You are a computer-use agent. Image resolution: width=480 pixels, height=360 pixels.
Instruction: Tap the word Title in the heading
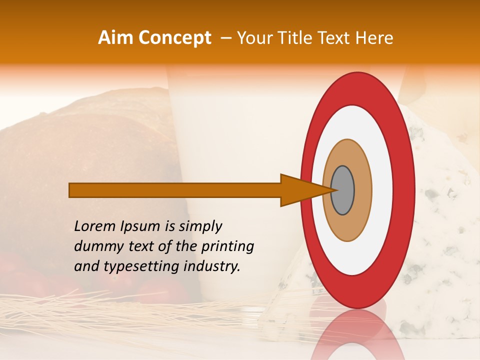click(296, 38)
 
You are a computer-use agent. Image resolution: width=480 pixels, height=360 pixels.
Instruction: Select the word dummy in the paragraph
click(95, 246)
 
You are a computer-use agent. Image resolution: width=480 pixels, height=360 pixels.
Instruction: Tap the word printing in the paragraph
click(227, 246)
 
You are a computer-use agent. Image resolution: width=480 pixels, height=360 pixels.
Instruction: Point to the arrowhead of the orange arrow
click(300, 190)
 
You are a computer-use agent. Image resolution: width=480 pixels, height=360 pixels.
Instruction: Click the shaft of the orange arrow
click(175, 190)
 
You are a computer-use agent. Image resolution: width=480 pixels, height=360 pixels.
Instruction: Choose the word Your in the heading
click(254, 38)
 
